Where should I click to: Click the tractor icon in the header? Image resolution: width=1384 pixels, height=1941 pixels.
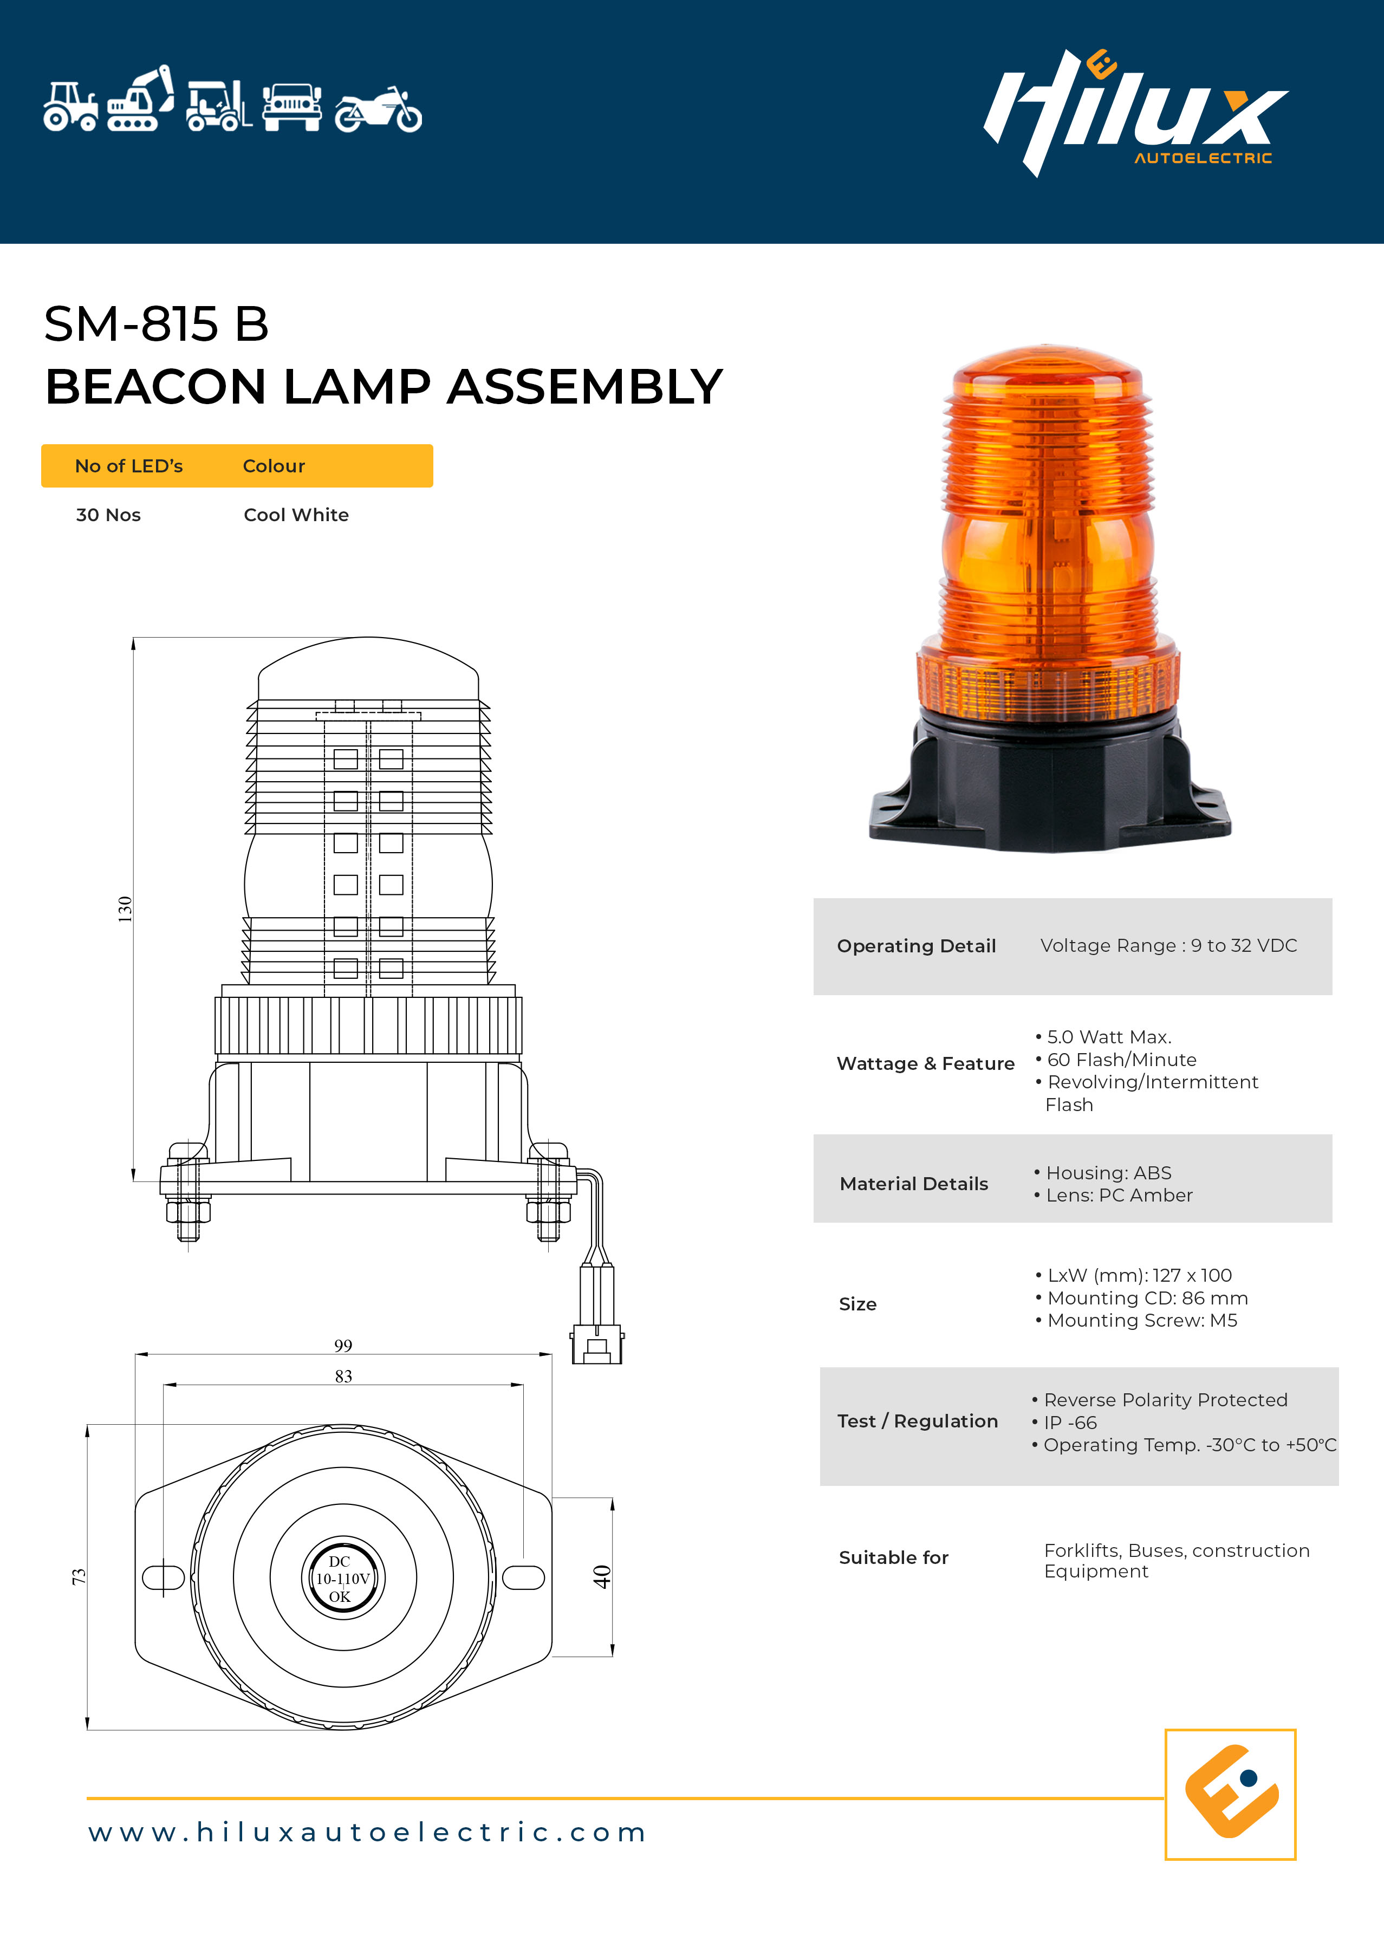tap(71, 107)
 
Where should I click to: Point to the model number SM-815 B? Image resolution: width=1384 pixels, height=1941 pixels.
tap(156, 324)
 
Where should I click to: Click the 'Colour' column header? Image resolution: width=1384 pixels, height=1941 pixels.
tap(274, 466)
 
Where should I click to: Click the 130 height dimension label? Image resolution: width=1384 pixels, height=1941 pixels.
tap(125, 909)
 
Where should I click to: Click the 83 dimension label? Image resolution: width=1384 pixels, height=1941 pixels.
tap(343, 1376)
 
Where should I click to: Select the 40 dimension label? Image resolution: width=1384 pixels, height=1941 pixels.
tap(602, 1576)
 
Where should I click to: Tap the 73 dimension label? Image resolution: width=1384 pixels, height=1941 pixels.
tap(79, 1576)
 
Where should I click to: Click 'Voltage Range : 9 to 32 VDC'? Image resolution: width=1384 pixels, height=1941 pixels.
tap(1168, 946)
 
